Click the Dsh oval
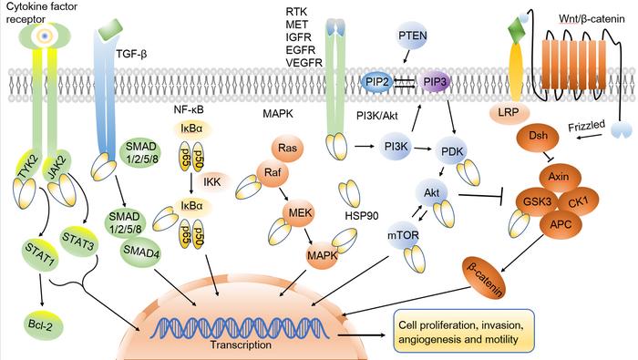(539, 136)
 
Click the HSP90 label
(362, 214)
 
